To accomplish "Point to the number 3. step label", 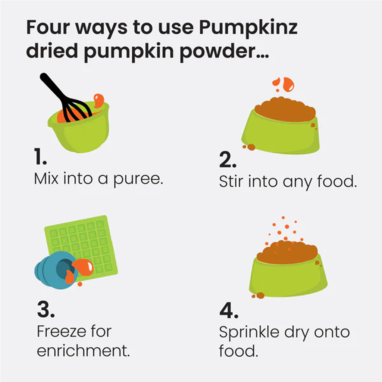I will click(46, 310).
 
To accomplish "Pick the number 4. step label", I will click(229, 311).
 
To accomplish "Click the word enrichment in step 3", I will click(83, 351).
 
